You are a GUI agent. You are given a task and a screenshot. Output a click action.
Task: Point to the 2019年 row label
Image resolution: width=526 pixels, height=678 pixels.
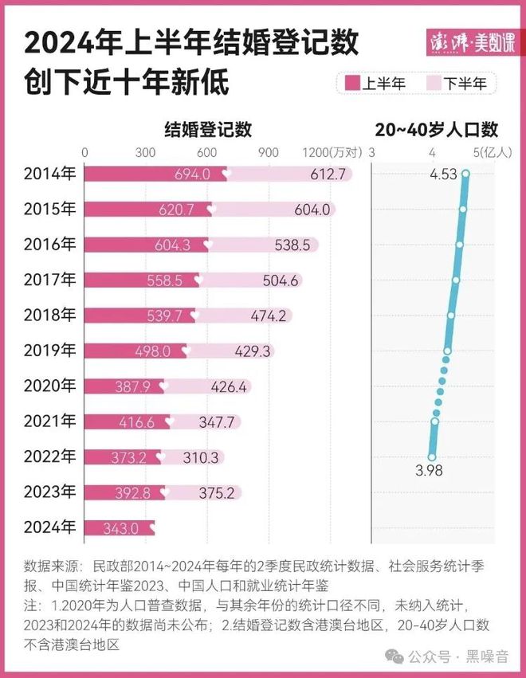[50, 351]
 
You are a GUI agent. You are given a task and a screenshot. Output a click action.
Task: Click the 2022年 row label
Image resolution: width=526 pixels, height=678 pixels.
[50, 457]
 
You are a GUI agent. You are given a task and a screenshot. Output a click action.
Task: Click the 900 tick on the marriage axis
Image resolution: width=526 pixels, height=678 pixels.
[269, 152]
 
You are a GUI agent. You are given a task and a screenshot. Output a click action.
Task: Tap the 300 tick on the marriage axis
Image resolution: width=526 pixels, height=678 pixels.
[146, 152]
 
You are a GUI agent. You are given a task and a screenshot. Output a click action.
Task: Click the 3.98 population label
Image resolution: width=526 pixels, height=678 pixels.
[429, 471]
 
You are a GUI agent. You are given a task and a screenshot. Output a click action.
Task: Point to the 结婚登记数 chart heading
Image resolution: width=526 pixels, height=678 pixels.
[208, 128]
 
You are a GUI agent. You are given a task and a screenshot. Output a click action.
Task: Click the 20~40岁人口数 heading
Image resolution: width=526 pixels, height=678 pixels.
[435, 128]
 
